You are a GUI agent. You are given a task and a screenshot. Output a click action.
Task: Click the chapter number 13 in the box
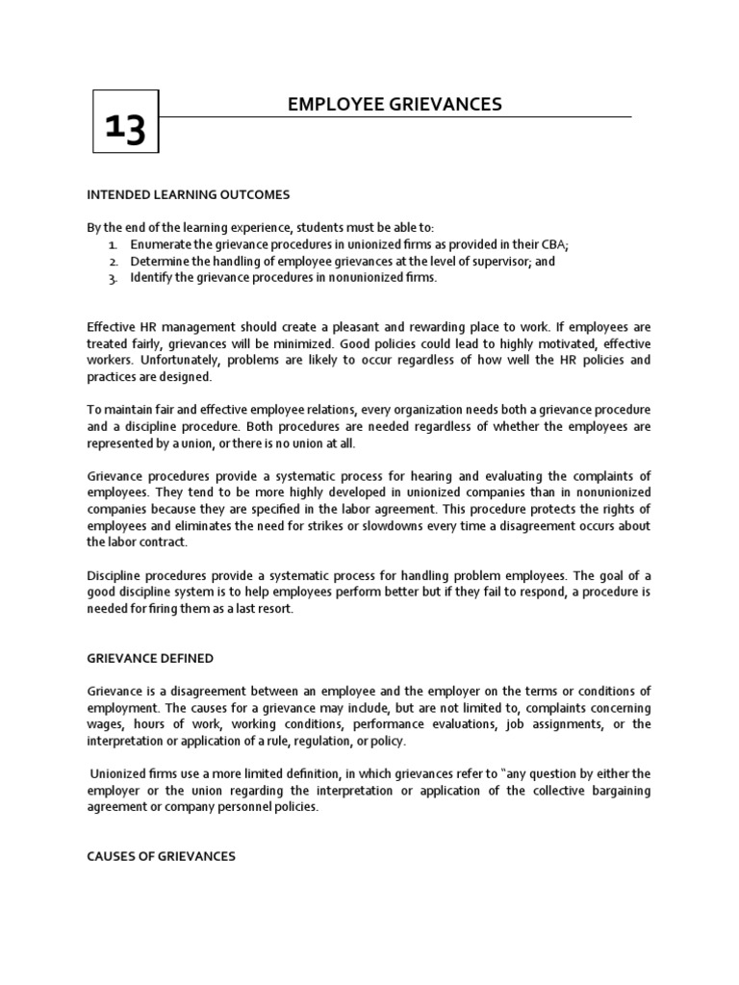click(x=125, y=126)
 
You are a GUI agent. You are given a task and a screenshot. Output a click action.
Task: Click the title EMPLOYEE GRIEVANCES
click(x=395, y=104)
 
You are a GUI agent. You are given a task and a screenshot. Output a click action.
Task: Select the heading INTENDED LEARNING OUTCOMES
click(x=188, y=194)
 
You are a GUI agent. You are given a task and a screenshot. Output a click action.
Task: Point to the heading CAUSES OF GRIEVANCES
click(x=161, y=856)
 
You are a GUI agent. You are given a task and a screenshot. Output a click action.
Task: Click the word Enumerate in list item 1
click(x=162, y=244)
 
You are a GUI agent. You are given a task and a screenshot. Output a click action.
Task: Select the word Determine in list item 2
click(x=161, y=261)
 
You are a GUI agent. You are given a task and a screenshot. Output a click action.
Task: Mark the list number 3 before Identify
click(x=113, y=278)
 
